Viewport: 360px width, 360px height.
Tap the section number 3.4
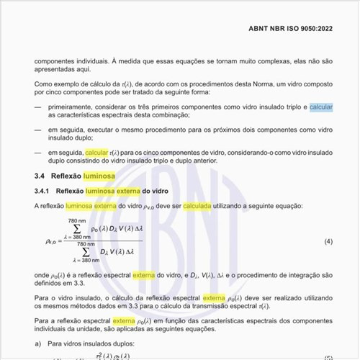click(x=40, y=175)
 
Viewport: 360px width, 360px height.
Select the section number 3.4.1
click(x=44, y=191)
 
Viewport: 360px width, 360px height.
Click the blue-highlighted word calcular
click(x=321, y=107)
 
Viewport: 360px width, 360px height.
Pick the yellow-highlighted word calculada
click(x=197, y=205)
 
